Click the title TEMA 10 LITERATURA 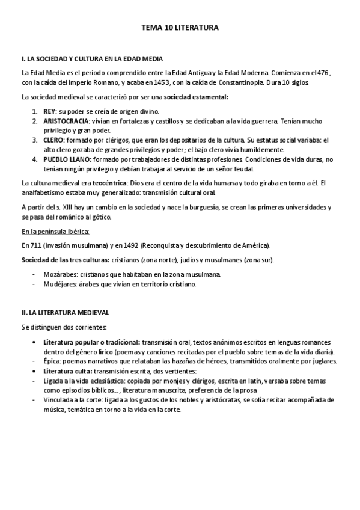180,28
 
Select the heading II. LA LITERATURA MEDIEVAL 65,313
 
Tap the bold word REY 49,112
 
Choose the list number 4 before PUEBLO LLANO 35,159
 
